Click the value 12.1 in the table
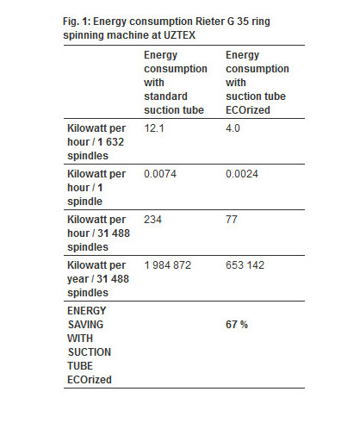pyautogui.click(x=154, y=128)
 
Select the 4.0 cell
pyautogui.click(x=233, y=128)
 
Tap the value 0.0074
pyautogui.click(x=160, y=174)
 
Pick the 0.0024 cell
pyautogui.click(x=242, y=174)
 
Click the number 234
pyautogui.click(x=153, y=220)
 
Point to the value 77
pyautogui.click(x=232, y=220)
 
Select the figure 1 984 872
pyautogui.click(x=168, y=265)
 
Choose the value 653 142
pyautogui.click(x=245, y=265)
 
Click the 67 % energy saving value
pyautogui.click(x=237, y=325)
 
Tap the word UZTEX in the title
pyautogui.click(x=179, y=35)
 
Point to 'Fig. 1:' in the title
pyautogui.click(x=77, y=22)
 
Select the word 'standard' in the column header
pyautogui.click(x=165, y=96)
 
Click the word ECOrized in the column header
pyautogui.click(x=248, y=110)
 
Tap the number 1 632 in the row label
pyautogui.click(x=111, y=142)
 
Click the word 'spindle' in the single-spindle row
pyautogui.click(x=84, y=202)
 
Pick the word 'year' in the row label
pyautogui.click(x=78, y=279)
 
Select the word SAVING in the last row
pyautogui.click(x=85, y=325)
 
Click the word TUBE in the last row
pyautogui.click(x=80, y=366)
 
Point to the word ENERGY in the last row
pyautogui.click(x=87, y=311)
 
